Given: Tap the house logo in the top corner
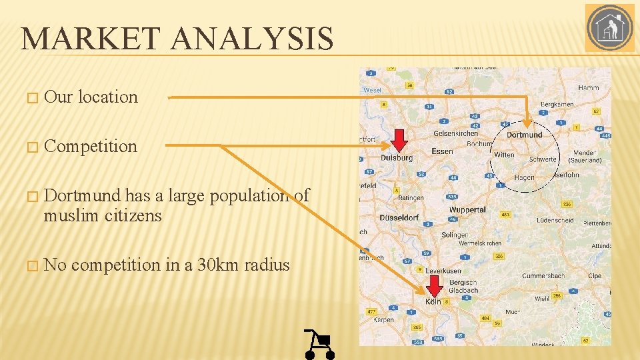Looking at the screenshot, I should point(609,28).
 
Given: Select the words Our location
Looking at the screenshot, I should point(91,97).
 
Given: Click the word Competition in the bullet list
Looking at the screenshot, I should point(91,146).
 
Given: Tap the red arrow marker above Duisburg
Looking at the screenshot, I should point(399,140).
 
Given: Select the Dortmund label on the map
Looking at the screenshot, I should point(525,135).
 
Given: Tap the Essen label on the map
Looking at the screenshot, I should point(442,151).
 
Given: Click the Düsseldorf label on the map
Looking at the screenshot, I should point(399,217).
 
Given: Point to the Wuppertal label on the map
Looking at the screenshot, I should point(467,209).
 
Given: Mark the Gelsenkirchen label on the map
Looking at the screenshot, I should point(456,133).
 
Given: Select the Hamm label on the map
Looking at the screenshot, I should point(589,87).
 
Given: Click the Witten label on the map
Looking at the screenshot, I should point(504,155).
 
